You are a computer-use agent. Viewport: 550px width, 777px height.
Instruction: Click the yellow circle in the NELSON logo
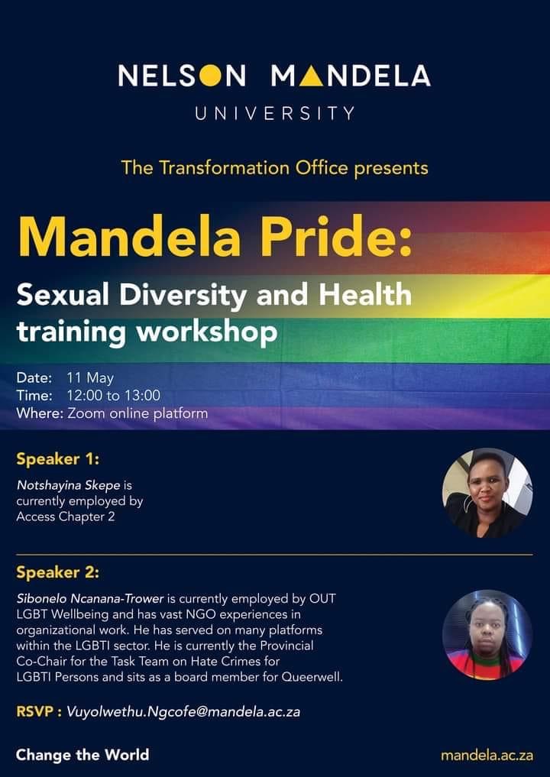(x=211, y=76)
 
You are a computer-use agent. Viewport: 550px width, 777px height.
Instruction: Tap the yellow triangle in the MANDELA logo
(x=312, y=76)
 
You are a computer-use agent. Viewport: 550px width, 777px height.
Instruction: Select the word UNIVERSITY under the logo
(x=275, y=114)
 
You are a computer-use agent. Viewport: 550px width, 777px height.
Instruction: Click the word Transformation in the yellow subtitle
(x=225, y=167)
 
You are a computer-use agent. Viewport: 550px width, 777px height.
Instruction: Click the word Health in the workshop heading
(x=364, y=294)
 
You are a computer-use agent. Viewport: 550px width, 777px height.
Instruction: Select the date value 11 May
(x=90, y=378)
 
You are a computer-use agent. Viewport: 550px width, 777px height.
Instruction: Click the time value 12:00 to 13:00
(x=114, y=396)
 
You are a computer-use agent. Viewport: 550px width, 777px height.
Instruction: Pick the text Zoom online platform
(x=137, y=413)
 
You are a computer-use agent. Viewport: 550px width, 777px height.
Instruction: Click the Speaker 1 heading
(x=57, y=459)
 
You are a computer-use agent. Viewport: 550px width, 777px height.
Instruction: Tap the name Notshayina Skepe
(x=69, y=485)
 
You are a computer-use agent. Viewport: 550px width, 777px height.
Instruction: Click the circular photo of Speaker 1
(x=487, y=493)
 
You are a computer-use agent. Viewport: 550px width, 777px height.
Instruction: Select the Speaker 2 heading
(x=57, y=573)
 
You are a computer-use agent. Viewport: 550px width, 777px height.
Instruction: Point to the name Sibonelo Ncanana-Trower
(x=90, y=599)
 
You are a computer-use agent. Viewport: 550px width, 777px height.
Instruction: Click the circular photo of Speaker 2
(x=487, y=635)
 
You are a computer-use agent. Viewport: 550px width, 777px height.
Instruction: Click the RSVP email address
(x=183, y=712)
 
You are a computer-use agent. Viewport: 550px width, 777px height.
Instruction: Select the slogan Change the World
(x=82, y=755)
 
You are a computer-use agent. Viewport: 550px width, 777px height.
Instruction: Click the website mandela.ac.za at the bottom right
(x=487, y=756)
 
